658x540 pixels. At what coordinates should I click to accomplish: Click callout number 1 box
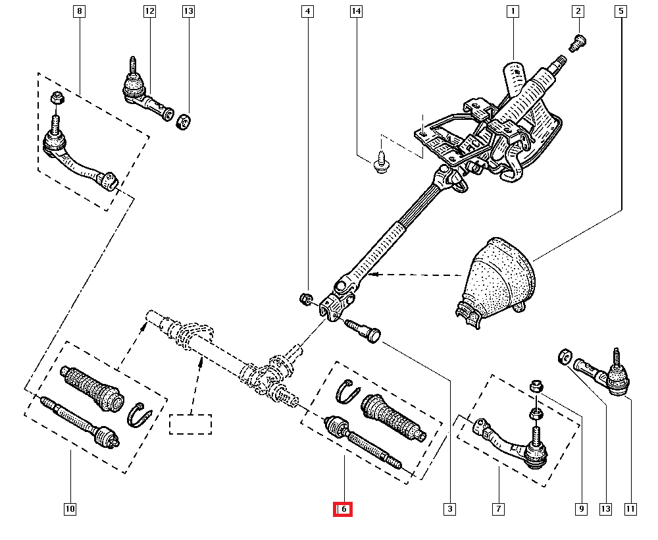point(512,11)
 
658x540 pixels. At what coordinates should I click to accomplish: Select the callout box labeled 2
point(578,11)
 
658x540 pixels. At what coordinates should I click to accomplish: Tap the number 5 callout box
point(620,11)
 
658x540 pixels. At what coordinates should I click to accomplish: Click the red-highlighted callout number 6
point(343,509)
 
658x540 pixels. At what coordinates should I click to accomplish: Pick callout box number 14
point(356,11)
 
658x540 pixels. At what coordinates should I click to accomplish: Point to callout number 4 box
point(307,11)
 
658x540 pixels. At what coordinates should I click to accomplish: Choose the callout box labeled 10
point(70,509)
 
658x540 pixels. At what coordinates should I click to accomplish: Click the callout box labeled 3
point(449,509)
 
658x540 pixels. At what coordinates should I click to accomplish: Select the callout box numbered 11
point(630,509)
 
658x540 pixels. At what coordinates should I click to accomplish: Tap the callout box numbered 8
point(79,11)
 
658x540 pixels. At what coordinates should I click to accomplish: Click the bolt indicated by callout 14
point(380,162)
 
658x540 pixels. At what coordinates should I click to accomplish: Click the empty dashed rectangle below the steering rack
point(190,424)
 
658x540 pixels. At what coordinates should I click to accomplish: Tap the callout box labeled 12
point(149,11)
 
